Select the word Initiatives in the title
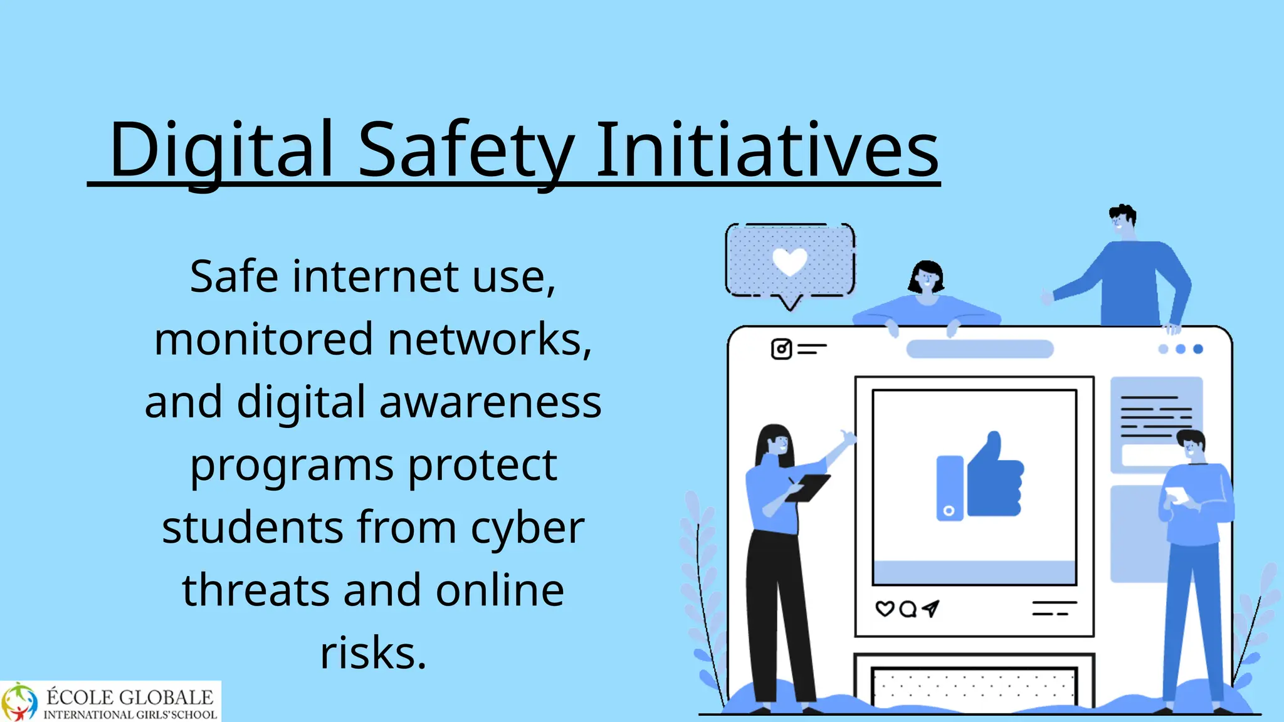pos(766,150)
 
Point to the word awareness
pos(490,402)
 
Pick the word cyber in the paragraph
pos(527,528)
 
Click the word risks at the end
pos(373,653)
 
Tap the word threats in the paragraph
pos(255,590)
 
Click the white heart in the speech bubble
pos(789,261)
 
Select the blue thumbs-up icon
pos(994,476)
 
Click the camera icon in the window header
pos(781,349)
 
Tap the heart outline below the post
pos(884,609)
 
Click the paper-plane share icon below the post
pos(930,608)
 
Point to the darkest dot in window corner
pos(1198,349)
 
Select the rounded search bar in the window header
pos(979,349)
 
